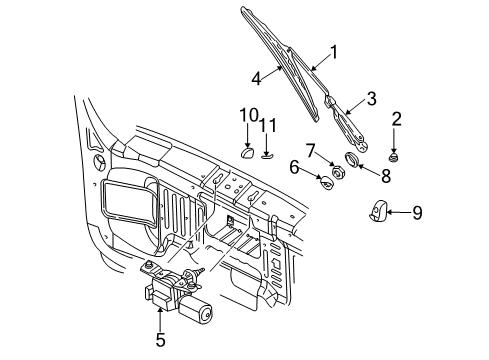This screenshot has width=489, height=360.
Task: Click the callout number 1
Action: [x=334, y=53]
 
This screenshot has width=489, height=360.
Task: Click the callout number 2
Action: [x=397, y=120]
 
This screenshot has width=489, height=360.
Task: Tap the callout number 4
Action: [x=258, y=75]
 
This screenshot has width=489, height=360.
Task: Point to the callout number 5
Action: [x=159, y=341]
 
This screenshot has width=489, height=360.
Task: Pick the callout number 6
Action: [x=295, y=168]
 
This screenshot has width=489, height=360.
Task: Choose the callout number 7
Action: [x=312, y=150]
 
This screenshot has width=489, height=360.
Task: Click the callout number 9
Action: [x=418, y=211]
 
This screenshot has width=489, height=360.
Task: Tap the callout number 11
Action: [x=268, y=126]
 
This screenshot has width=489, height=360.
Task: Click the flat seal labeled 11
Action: [x=268, y=154]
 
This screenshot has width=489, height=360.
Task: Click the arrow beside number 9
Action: [x=395, y=211]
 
